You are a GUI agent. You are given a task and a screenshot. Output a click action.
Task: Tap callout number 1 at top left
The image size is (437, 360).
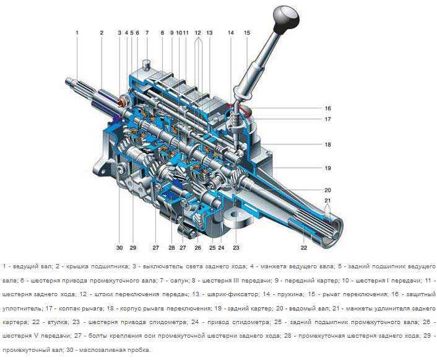[77, 33]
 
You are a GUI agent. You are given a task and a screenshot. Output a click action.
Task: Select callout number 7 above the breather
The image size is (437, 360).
[147, 33]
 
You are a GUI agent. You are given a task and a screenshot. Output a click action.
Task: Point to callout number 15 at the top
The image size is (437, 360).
[247, 33]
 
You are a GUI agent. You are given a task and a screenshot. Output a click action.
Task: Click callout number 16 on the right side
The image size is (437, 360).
[328, 108]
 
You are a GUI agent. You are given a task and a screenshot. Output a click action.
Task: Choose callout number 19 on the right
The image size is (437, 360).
[328, 168]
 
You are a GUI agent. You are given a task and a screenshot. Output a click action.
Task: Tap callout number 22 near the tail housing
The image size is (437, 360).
[304, 247]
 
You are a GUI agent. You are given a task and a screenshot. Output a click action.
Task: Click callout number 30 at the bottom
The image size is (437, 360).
[119, 247]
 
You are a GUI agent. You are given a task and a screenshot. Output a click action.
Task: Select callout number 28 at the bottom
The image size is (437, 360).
[171, 247]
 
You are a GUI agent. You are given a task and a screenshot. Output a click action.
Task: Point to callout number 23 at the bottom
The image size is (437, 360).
[236, 247]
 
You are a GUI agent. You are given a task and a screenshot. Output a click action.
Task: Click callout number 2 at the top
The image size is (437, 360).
[102, 33]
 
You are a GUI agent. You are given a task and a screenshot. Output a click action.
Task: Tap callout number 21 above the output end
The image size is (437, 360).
[328, 200]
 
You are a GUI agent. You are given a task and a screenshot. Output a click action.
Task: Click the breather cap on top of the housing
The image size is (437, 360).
[146, 65]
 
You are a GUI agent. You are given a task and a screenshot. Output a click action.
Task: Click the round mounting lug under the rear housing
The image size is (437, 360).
[236, 217]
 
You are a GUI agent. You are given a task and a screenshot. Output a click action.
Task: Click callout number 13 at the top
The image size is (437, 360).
[209, 33]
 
